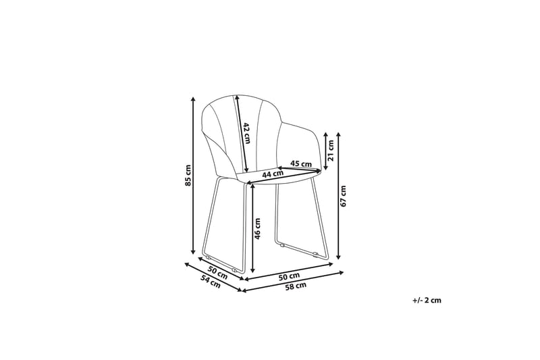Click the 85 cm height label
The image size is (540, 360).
pos(189,175)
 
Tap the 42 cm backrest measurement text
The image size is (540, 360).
pos(247,133)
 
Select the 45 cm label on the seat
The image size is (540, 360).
pos(300,163)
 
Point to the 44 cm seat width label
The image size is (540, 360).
pos(272,175)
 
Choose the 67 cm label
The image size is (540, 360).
pos(344,195)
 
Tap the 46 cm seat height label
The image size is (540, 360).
pos(257,229)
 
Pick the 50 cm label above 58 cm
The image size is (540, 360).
pos(289,276)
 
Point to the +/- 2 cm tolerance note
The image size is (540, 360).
pos(426,301)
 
